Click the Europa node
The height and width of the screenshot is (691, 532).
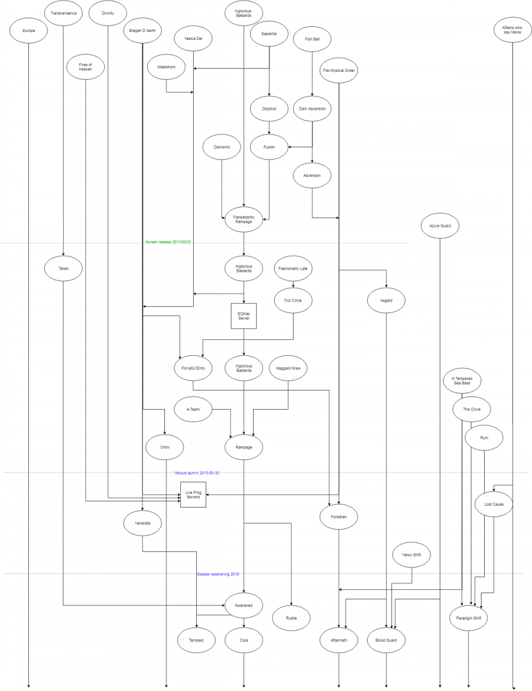[29, 31]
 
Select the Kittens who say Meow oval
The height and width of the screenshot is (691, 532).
[512, 30]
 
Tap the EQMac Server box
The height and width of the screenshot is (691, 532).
[244, 316]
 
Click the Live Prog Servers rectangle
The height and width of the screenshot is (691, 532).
[193, 495]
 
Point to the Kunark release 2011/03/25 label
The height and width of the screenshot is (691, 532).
[168, 242]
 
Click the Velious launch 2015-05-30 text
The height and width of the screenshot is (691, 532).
[196, 472]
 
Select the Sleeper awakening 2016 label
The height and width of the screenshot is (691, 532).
[218, 574]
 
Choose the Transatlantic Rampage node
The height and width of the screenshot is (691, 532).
[244, 219]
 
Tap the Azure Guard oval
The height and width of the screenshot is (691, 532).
[440, 226]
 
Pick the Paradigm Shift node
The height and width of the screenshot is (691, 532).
[468, 618]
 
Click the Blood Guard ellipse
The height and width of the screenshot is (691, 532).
[386, 640]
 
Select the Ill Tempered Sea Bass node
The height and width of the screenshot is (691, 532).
[462, 381]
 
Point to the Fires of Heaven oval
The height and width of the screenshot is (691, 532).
[86, 67]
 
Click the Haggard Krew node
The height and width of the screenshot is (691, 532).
[288, 368]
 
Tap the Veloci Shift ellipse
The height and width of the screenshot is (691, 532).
[412, 555]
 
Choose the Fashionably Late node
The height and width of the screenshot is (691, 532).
[293, 269]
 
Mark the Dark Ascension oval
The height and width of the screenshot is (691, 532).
[312, 109]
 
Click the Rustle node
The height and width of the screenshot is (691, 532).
[291, 618]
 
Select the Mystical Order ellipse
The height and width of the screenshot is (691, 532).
[338, 70]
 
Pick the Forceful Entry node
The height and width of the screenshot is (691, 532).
[193, 368]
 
